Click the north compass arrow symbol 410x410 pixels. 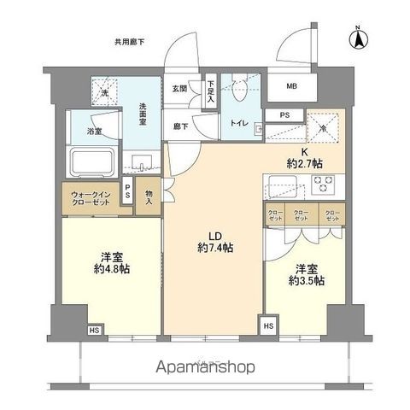coord(360,38)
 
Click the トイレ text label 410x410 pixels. coord(238,123)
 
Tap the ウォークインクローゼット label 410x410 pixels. coord(90,198)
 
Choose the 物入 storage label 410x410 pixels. coord(149,198)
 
